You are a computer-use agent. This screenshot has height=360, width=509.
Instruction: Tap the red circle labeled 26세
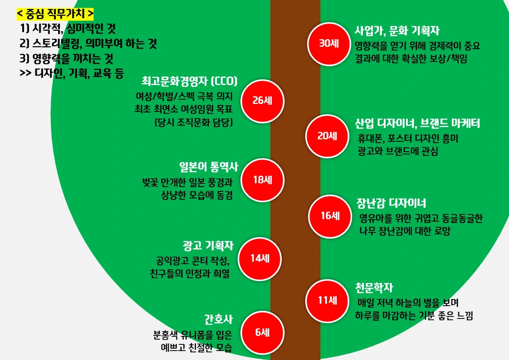click(x=261, y=100)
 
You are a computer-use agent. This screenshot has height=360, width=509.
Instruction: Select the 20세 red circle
click(x=327, y=136)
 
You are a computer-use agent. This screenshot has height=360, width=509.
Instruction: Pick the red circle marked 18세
click(x=262, y=180)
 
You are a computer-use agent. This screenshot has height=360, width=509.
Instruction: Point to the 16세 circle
click(x=330, y=216)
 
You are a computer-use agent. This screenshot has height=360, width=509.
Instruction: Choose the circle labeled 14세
click(x=259, y=258)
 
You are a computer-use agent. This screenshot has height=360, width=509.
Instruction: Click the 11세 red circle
click(x=327, y=300)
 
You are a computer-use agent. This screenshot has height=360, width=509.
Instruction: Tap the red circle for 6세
click(x=262, y=332)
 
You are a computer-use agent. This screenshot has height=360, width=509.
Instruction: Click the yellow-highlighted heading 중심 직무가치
click(x=55, y=13)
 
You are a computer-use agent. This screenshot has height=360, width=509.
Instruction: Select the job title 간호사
click(x=218, y=319)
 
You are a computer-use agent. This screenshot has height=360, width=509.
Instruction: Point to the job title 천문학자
click(x=374, y=287)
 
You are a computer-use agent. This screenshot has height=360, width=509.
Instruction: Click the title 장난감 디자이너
click(x=391, y=203)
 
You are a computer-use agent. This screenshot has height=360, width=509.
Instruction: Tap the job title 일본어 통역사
click(x=208, y=167)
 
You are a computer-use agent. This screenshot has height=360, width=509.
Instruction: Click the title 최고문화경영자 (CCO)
click(x=190, y=81)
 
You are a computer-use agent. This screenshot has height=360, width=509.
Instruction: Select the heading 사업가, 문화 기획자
click(x=397, y=31)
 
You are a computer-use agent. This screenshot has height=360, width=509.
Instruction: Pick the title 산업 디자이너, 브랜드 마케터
click(x=417, y=124)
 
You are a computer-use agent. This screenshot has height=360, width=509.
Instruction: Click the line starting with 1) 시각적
click(x=68, y=29)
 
